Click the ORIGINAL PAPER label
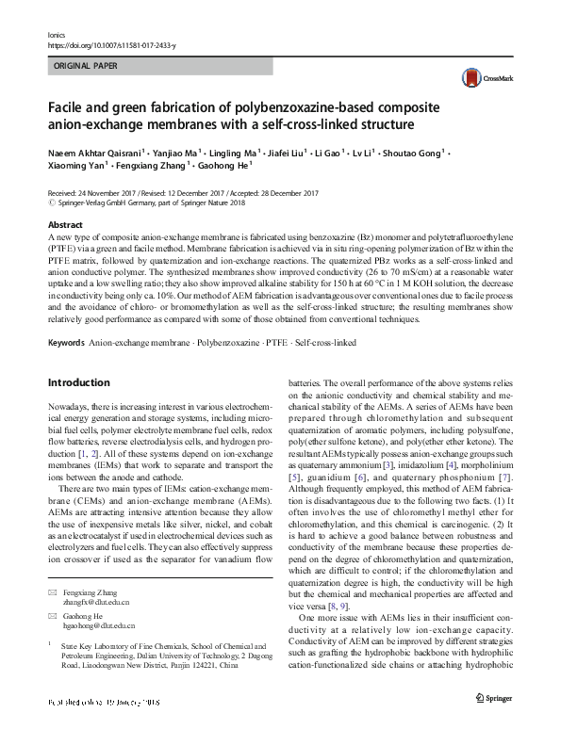coord(86,67)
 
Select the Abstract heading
coord(64,225)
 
